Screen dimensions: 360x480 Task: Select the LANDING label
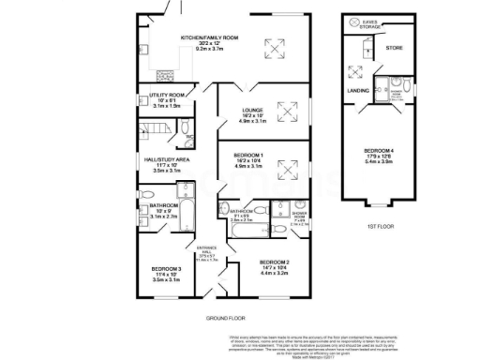(x=357, y=90)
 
